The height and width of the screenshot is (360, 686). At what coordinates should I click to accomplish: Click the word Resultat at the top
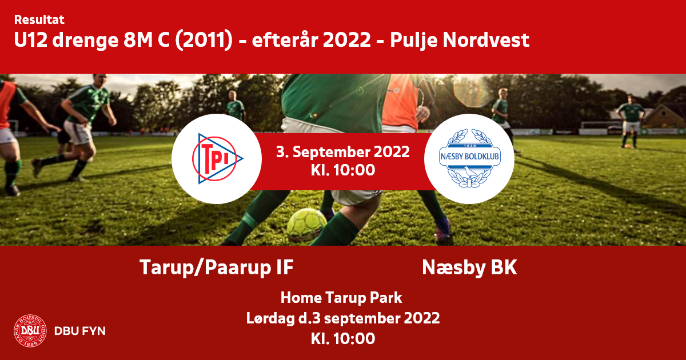coord(39,20)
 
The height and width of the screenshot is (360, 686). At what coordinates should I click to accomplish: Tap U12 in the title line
coord(31,40)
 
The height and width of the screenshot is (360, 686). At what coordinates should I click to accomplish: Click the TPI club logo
coord(217,159)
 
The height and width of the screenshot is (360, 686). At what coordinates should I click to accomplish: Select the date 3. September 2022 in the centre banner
coord(342,152)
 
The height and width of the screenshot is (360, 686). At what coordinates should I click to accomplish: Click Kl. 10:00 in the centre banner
coord(342,170)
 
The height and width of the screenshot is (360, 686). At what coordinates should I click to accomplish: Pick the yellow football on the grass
coord(306,225)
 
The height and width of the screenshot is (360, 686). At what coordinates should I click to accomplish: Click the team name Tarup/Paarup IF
coord(217,267)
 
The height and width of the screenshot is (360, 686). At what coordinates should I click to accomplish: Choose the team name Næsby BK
coord(469,267)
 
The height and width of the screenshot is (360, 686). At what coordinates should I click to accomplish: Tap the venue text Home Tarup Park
coord(341,298)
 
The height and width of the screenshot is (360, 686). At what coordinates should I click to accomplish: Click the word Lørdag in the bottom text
coord(270,318)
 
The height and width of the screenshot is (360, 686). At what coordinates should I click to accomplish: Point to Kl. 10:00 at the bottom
coord(342,338)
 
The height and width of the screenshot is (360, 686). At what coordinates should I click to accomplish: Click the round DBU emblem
coord(30,331)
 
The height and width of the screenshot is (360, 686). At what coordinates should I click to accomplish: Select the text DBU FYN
coord(80,331)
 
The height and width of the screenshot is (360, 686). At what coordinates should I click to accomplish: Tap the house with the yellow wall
coord(664,117)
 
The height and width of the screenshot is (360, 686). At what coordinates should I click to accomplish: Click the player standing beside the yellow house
coord(630,122)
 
